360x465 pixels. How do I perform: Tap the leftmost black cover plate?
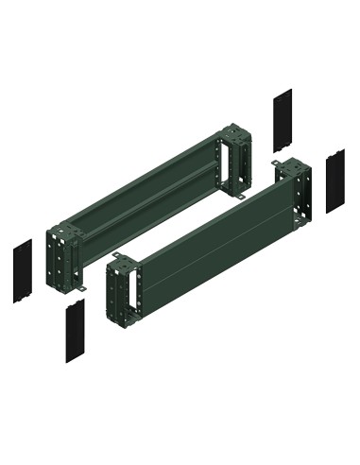point(23,270)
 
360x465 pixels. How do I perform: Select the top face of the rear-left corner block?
point(62,227)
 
